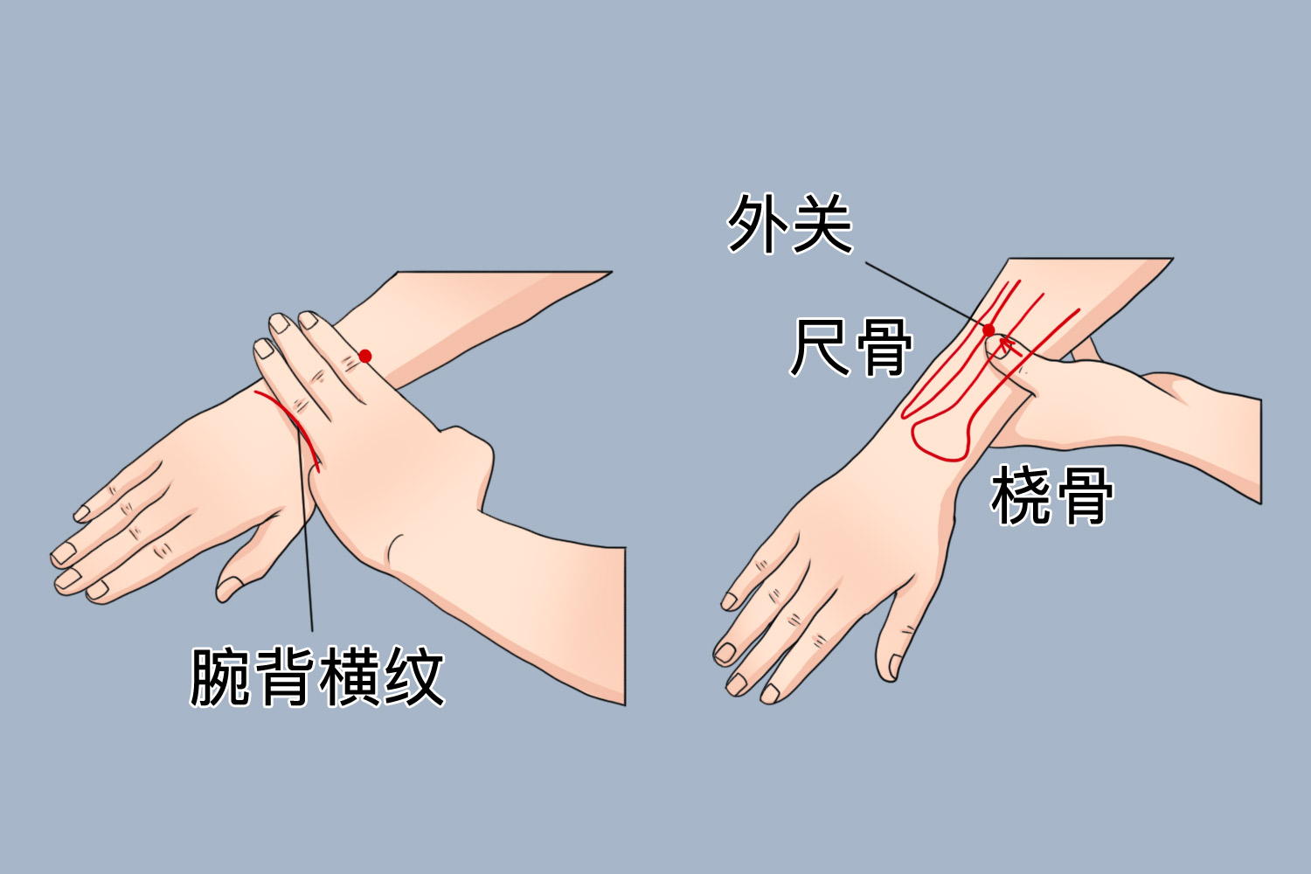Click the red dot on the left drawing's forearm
tap(365, 356)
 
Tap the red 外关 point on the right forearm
tap(988, 330)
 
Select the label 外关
tap(789, 224)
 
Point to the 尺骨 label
tap(851, 347)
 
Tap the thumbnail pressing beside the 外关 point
tap(1001, 349)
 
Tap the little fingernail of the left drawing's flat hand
tap(85, 511)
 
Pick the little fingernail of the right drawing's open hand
tap(730, 600)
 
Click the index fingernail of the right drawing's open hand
tap(770, 692)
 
